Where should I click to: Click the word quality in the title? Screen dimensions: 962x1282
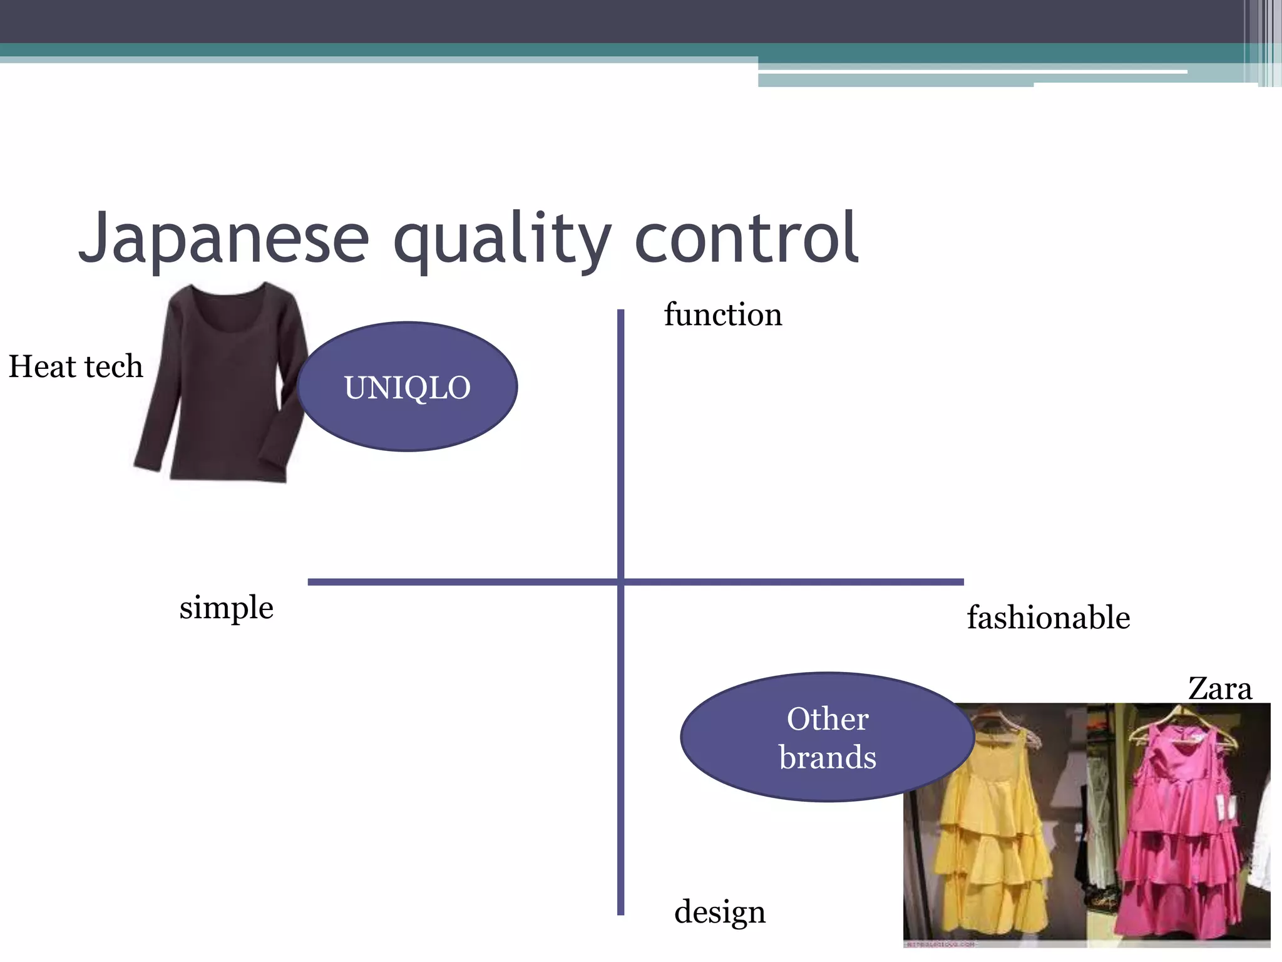pyautogui.click(x=501, y=241)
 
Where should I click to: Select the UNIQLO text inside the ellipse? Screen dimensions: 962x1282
pyautogui.click(x=407, y=388)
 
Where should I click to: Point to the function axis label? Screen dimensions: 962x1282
pyautogui.click(x=723, y=314)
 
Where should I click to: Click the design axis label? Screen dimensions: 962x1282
pyautogui.click(x=720, y=912)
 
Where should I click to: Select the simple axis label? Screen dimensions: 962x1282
pyautogui.click(x=226, y=608)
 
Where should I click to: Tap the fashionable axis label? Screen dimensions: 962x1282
pyautogui.click(x=1048, y=618)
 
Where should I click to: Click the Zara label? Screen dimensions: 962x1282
pyautogui.click(x=1219, y=689)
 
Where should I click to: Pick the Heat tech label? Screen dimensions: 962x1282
pyautogui.click(x=76, y=366)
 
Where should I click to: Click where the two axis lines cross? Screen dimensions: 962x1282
pyautogui.click(x=620, y=582)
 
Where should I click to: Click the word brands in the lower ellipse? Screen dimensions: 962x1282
pyautogui.click(x=827, y=758)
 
